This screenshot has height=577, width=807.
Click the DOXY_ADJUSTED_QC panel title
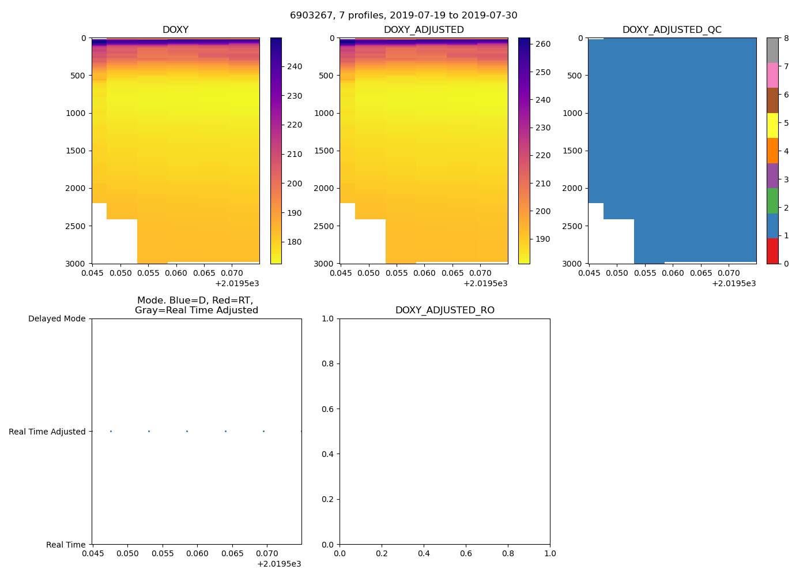pos(672,30)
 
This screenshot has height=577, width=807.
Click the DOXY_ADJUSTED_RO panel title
pos(444,310)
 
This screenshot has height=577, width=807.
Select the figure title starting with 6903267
pos(403,16)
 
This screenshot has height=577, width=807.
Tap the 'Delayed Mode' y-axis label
pos(57,319)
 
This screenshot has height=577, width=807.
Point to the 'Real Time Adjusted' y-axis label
pos(47,432)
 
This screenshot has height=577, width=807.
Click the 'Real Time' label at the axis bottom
pos(66,545)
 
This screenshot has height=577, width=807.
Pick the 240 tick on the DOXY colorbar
pos(295,67)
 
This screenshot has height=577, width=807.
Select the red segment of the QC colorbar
pos(772,251)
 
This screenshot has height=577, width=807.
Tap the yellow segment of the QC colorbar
pos(772,125)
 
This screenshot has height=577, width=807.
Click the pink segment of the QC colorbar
pos(772,75)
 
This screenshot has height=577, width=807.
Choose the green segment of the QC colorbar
pos(772,201)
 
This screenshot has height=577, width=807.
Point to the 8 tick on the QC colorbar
pos(786,38)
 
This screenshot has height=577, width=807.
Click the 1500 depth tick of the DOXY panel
pos(76,151)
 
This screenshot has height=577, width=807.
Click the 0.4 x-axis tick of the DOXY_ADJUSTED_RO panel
pos(424,554)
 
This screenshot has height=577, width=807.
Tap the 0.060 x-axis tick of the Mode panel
pos(197,554)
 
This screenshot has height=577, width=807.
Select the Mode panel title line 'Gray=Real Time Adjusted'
pos(196,310)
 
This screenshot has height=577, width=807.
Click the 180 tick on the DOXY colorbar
pos(295,242)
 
